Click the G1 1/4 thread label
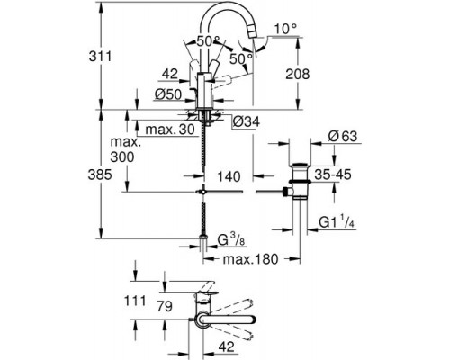[x=340, y=219]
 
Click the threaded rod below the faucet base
[x=206, y=153]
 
